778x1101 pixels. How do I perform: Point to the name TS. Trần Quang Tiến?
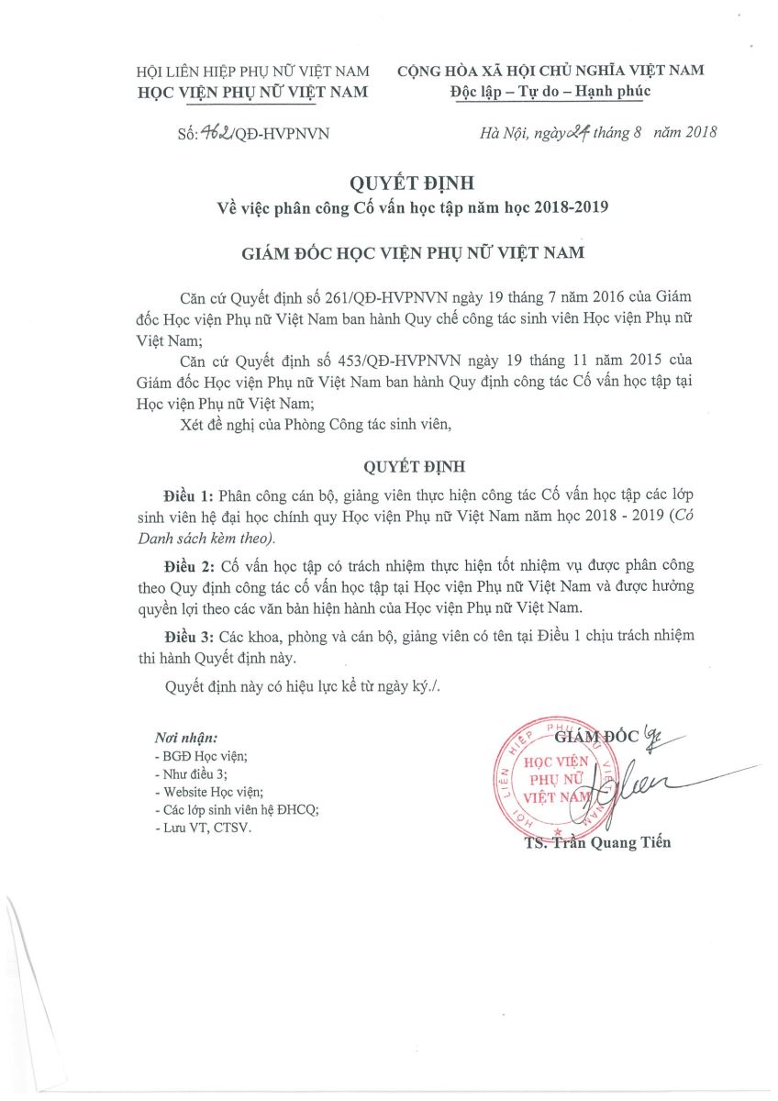pyautogui.click(x=594, y=842)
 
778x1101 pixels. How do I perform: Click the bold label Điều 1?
pyautogui.click(x=190, y=493)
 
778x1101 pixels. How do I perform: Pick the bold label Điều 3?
pyautogui.click(x=190, y=636)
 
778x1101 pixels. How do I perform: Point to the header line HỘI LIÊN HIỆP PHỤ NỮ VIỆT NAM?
pyautogui.click(x=252, y=71)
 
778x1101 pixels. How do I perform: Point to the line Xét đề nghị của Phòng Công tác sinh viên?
pyautogui.click(x=317, y=423)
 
